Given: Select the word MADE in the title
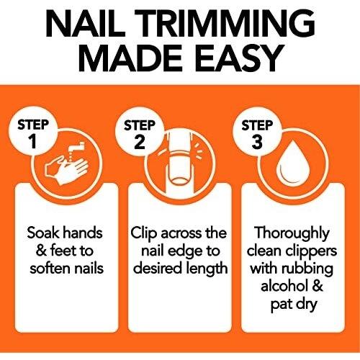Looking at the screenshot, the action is [130, 58].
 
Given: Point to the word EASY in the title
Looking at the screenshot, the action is [239, 58].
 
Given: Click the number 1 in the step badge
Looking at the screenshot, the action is [33, 141].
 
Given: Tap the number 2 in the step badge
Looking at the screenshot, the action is [140, 142].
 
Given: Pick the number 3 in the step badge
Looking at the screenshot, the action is [257, 142].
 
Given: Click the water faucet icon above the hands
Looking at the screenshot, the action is [76, 148].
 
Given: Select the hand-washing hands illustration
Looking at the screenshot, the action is [66, 169].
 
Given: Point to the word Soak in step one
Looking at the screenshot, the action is [42, 233].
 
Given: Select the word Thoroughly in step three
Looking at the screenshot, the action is [292, 233].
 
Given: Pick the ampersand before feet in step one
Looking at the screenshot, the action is [41, 251].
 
